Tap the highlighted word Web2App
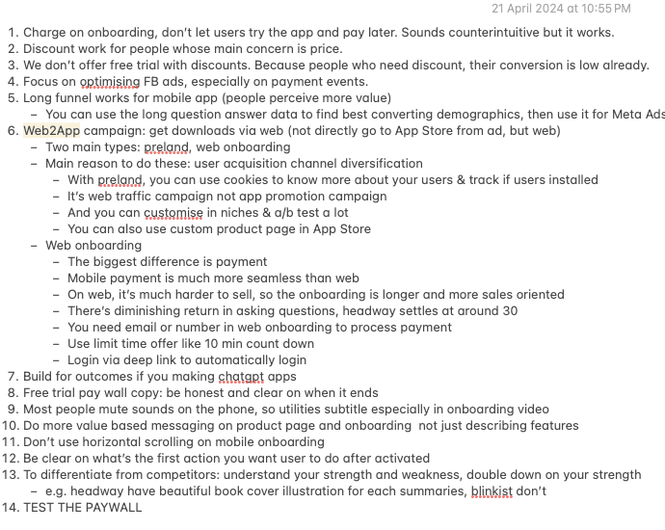coord(52,130)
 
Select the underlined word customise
coord(175,212)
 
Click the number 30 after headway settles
coord(510,310)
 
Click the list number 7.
coord(11,376)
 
